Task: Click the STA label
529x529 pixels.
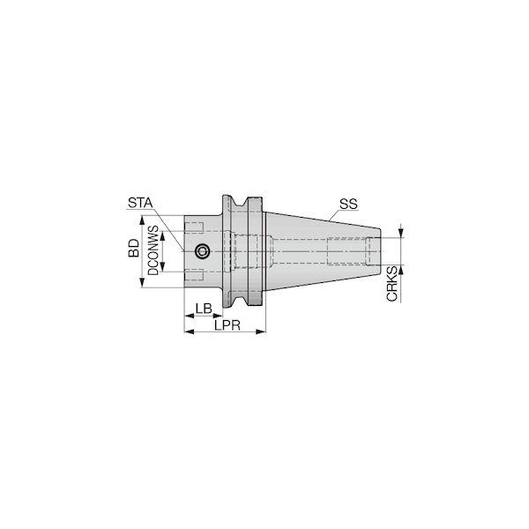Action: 140,203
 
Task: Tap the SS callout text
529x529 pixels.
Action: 348,205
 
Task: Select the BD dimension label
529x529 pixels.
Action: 134,248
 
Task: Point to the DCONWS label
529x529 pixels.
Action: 153,250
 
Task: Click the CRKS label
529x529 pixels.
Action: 391,284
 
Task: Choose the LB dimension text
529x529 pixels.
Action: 204,309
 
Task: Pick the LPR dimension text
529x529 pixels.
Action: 227,325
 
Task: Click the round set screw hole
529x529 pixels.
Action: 202,251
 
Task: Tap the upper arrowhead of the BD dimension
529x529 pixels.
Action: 142,220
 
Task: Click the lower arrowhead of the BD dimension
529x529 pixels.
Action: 142,282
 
